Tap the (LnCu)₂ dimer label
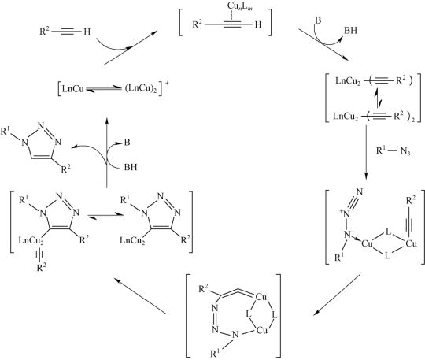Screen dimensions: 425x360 click(141, 89)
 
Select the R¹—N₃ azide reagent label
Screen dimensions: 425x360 click(393, 151)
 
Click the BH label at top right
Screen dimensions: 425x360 click(350, 31)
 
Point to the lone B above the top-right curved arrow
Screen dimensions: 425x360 click(318, 20)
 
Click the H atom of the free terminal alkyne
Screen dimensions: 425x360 click(87, 32)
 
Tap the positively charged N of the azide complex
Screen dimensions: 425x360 click(346, 213)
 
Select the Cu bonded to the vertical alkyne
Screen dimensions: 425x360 click(411, 244)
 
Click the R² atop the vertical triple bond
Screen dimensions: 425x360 click(411, 201)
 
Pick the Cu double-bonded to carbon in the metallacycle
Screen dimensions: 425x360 click(261, 297)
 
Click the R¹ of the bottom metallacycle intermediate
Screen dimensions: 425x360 click(215, 354)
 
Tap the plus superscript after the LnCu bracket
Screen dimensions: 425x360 click(167, 83)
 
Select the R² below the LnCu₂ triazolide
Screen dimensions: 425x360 click(41, 268)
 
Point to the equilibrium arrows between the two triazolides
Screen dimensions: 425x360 click(105, 216)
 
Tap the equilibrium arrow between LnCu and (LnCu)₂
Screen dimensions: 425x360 click(105, 89)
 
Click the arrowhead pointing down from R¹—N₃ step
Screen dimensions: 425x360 click(366, 176)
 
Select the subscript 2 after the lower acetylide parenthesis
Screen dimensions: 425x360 click(413, 120)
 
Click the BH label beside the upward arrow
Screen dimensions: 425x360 click(131, 167)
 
